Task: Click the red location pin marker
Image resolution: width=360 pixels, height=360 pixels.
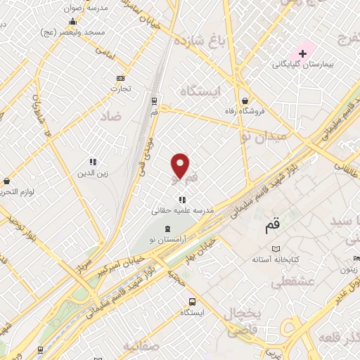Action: tap(181, 166)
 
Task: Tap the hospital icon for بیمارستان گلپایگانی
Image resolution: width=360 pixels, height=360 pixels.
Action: tap(303, 53)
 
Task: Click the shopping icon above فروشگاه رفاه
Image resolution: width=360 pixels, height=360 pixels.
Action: tap(244, 101)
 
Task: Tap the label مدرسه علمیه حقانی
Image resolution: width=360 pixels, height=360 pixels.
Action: tap(182, 210)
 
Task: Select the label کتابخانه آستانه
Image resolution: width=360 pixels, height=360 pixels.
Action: tap(276, 259)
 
